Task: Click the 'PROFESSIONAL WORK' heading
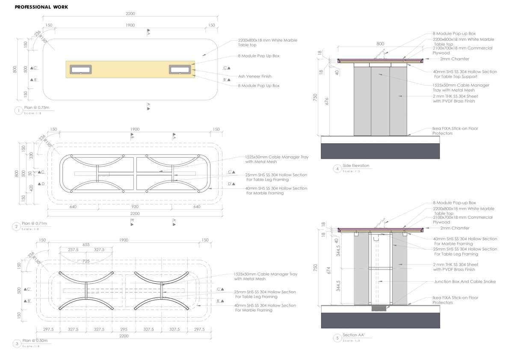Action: [41, 7]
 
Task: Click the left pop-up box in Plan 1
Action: [80, 69]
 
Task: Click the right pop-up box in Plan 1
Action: [180, 69]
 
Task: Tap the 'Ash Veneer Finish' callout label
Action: [255, 76]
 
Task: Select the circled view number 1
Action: [18, 111]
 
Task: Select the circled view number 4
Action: [337, 168]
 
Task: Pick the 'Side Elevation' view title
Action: [356, 166]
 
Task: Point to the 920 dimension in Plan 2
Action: [135, 207]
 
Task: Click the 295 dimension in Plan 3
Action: [124, 329]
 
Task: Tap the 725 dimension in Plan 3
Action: [86, 261]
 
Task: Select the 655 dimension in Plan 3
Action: [86, 244]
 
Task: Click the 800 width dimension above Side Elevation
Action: [380, 44]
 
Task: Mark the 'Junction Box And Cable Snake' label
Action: [465, 282]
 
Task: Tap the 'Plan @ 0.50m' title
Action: [36, 341]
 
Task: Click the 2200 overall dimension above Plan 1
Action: [130, 14]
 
